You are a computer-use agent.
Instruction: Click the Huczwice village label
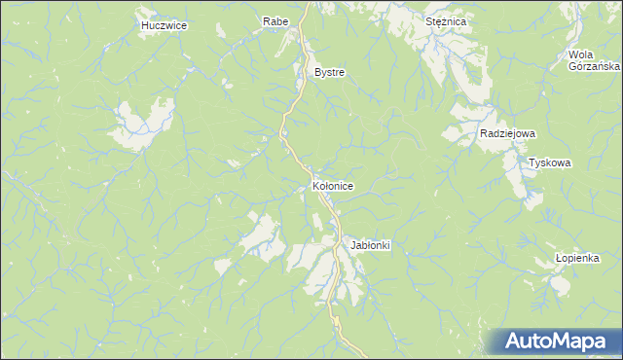(163, 25)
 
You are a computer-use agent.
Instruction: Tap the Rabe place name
(275, 20)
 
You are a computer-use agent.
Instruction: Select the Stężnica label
(447, 20)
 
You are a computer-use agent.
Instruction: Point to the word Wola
(581, 54)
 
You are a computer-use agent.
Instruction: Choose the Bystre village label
(329, 73)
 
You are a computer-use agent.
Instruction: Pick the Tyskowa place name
(549, 163)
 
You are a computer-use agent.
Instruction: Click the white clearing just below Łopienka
(558, 283)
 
